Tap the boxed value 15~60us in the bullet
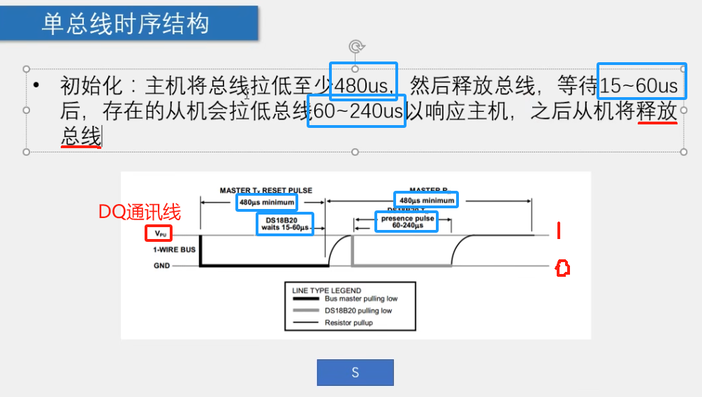click(x=640, y=86)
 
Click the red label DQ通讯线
click(x=139, y=212)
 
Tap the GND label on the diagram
click(x=162, y=266)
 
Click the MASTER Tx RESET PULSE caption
click(x=265, y=190)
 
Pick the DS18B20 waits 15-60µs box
click(x=284, y=223)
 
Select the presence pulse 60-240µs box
click(x=407, y=222)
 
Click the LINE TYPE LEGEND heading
click(x=326, y=290)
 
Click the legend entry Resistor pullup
click(x=353, y=322)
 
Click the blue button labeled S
click(x=355, y=373)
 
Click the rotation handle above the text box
click(x=356, y=48)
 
